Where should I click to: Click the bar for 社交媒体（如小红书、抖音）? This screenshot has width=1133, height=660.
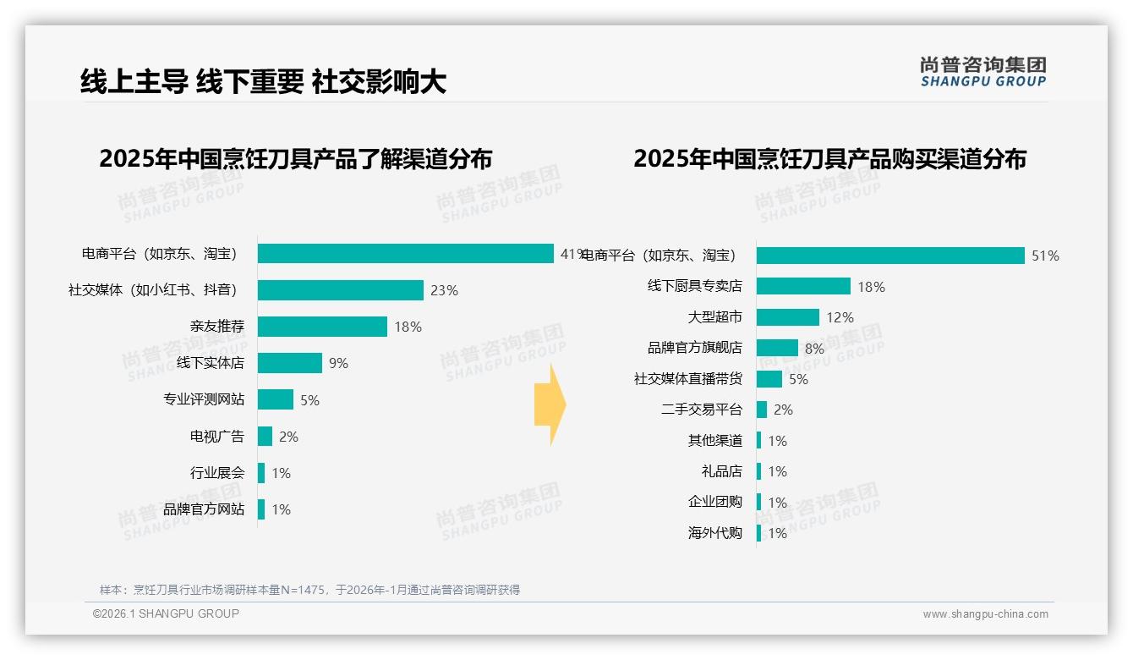coord(340,290)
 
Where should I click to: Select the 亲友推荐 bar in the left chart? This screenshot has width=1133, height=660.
coord(322,327)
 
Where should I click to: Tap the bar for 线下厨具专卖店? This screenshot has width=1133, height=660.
coord(803,287)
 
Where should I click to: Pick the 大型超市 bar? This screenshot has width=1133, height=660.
coord(787,317)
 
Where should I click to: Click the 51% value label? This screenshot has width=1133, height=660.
coord(1045,256)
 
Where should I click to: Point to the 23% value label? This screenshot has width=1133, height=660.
coord(444,291)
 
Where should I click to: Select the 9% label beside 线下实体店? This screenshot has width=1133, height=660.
coord(338,364)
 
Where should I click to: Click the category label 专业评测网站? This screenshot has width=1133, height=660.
coord(204,400)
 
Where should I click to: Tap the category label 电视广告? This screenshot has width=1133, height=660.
coord(217,437)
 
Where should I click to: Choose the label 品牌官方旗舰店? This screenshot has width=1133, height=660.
coord(694,348)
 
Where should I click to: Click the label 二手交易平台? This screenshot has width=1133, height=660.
coord(701,410)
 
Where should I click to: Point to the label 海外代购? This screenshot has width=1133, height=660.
coord(714,533)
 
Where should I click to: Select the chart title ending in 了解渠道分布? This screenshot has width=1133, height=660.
coord(295,159)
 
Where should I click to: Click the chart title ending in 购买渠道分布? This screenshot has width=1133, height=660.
coord(829,159)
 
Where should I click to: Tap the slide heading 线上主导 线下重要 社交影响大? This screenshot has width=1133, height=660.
coord(263,81)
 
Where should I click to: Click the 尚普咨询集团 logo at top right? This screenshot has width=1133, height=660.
coord(982,72)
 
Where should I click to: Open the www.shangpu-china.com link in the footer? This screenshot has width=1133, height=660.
coord(985,614)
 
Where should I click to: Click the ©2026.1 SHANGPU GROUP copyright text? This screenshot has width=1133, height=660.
coord(166,613)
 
